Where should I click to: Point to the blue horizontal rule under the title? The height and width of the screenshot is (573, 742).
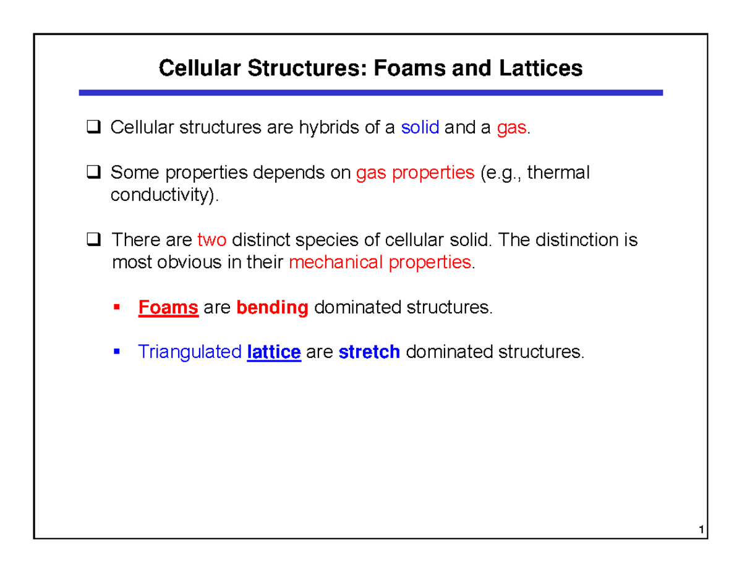[x=370, y=93]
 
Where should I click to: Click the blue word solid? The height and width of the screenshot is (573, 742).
[x=420, y=129]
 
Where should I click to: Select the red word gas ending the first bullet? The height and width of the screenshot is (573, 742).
[x=512, y=129]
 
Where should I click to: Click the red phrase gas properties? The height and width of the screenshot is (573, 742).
[x=414, y=174]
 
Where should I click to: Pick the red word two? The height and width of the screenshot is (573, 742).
[x=211, y=240]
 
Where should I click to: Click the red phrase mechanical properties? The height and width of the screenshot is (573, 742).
[x=380, y=262]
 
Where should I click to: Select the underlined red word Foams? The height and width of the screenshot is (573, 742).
[x=168, y=307]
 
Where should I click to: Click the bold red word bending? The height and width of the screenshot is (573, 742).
[x=272, y=307]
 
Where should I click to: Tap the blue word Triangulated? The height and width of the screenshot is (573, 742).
[x=189, y=352]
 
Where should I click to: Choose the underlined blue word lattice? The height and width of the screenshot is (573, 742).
[x=273, y=352]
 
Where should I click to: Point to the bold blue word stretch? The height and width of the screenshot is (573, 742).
[x=370, y=352]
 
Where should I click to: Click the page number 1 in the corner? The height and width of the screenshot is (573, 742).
[x=699, y=530]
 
